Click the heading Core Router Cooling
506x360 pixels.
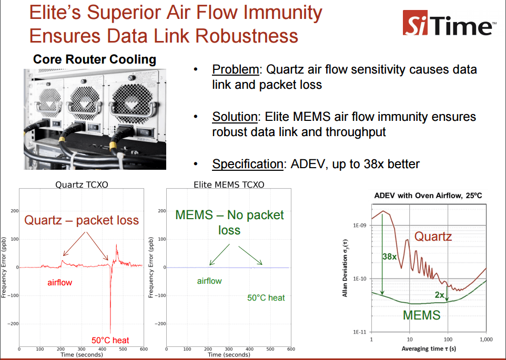point(95,59)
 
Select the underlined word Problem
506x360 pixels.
point(236,69)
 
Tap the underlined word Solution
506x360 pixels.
point(237,117)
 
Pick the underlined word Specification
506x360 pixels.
point(248,164)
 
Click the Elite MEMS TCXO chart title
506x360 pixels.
point(229,184)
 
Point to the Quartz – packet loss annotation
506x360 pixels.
point(82,220)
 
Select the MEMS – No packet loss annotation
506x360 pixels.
point(229,222)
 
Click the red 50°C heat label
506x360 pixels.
point(110,340)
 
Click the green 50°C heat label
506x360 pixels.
point(266,297)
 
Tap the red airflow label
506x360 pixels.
point(60,283)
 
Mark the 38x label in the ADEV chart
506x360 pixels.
point(389,256)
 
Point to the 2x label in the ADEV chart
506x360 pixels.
point(439,295)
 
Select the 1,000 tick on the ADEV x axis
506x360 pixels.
point(486,340)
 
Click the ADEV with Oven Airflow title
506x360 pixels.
point(428,196)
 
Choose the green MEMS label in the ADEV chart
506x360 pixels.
point(421,315)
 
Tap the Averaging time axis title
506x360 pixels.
point(428,348)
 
